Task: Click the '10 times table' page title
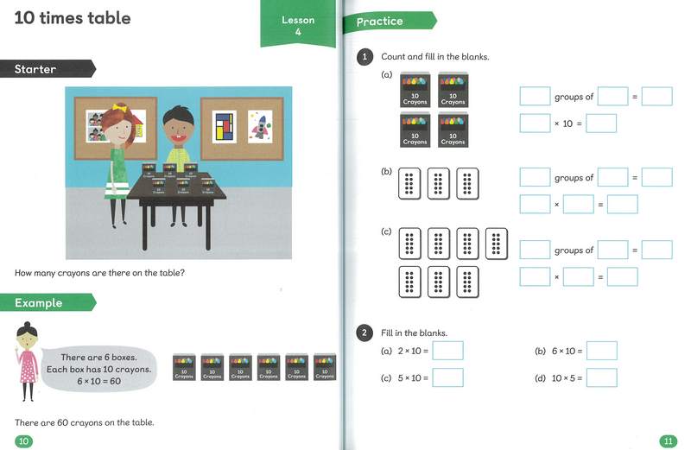[x=73, y=18]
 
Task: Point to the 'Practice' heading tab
[x=381, y=21]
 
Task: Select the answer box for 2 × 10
[x=447, y=351]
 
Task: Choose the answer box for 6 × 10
[x=601, y=351]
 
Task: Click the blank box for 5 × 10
[x=447, y=377]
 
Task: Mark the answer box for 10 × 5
[x=601, y=377]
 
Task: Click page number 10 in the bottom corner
[x=24, y=441]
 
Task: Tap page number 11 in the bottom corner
[x=668, y=441]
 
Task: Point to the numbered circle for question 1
[x=365, y=57]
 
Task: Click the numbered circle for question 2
[x=365, y=333]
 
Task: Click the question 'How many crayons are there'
[x=100, y=274]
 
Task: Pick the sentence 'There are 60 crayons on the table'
[x=85, y=422]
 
